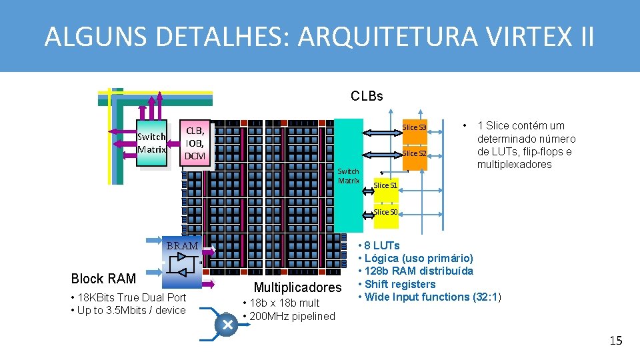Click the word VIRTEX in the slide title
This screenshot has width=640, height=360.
(x=523, y=37)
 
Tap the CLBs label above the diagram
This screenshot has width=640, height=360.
(x=367, y=96)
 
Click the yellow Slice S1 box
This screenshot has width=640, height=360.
(x=385, y=185)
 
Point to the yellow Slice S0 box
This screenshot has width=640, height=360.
(x=385, y=212)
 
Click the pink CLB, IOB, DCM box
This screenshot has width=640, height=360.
(x=195, y=142)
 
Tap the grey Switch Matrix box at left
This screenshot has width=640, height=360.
(x=151, y=143)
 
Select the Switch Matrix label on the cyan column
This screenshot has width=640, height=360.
(x=348, y=176)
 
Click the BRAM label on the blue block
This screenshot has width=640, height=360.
(x=182, y=246)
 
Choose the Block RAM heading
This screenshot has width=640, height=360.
(x=103, y=279)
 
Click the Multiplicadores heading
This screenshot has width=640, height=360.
(x=297, y=288)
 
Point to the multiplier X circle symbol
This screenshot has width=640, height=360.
(x=227, y=324)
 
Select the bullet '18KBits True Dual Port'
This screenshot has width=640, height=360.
(x=130, y=297)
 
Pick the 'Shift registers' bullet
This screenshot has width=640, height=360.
(x=401, y=284)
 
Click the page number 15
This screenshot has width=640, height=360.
(x=615, y=341)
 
